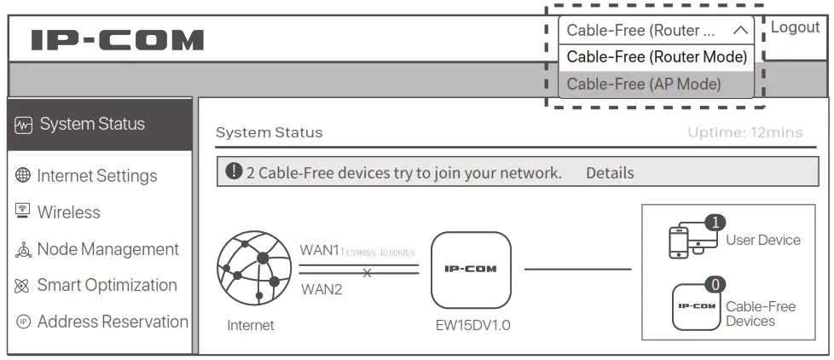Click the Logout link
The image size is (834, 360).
[x=795, y=27]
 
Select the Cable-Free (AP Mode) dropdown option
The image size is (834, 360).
[x=644, y=84]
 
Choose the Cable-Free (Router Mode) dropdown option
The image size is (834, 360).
[x=656, y=57]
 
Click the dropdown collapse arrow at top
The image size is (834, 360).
[x=739, y=31]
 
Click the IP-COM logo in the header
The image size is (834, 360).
[x=118, y=39]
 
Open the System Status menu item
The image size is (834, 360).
[x=92, y=125]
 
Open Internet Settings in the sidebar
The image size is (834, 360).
[x=96, y=177]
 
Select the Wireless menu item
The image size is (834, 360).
[x=68, y=212]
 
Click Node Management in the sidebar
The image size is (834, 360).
[x=107, y=249]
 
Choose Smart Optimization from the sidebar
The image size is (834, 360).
[x=107, y=285]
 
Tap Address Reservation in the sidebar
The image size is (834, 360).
[x=113, y=322]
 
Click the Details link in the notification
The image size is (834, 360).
[x=610, y=173]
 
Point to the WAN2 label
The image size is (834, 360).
[x=321, y=290]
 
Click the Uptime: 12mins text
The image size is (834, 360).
[x=744, y=133]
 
